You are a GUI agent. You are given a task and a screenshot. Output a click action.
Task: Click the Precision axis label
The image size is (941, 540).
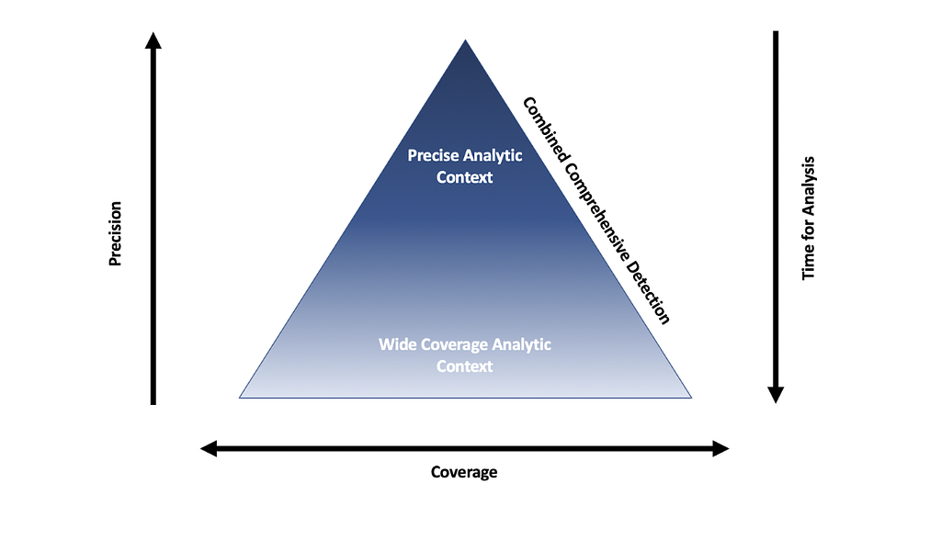pos(115,234)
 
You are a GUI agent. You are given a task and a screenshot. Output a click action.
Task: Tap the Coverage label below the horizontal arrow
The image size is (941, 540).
pos(464,472)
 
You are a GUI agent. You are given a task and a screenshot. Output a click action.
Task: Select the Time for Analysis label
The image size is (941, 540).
pos(809,218)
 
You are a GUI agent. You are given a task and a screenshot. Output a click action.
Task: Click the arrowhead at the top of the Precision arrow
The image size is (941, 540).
pos(153,39)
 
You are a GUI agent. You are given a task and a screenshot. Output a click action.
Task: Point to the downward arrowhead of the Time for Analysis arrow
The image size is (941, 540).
pos(776,395)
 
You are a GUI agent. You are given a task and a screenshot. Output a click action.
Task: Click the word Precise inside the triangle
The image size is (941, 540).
pos(434,155)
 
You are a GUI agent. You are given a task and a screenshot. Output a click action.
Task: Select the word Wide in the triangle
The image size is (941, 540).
pos(396,345)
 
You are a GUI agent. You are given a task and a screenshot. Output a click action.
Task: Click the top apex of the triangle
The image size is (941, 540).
pos(466,41)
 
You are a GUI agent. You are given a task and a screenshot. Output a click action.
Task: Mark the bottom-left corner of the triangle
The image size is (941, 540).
pos(241,397)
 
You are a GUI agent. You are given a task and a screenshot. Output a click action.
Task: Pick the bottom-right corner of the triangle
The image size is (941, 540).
pos(690,397)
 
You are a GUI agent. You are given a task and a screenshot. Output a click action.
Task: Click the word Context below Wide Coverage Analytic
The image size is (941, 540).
pos(464,366)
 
